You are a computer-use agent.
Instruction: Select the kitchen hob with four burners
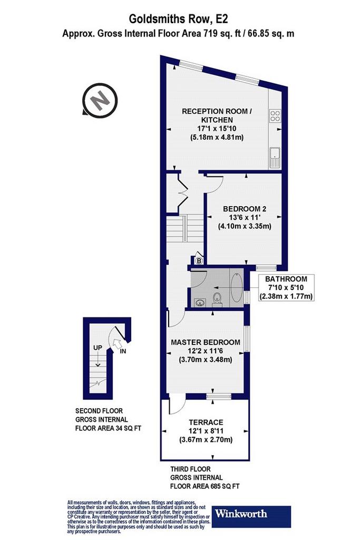(x=275, y=115)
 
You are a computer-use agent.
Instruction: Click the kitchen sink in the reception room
(x=275, y=158)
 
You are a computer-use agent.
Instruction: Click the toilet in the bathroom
(x=217, y=299)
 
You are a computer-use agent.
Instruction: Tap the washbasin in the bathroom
(x=200, y=303)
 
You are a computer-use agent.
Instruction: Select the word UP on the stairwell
(x=98, y=348)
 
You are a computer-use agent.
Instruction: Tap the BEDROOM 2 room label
(x=245, y=209)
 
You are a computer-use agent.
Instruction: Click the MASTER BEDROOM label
(x=206, y=342)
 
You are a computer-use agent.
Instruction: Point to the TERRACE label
(x=206, y=422)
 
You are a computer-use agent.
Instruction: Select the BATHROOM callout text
(x=286, y=279)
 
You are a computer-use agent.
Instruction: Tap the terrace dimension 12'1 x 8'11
(x=206, y=431)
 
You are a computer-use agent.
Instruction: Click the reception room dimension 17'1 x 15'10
(x=217, y=129)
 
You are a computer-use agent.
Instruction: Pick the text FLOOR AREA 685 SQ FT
(x=205, y=486)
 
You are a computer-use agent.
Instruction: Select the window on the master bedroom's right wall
(x=247, y=339)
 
